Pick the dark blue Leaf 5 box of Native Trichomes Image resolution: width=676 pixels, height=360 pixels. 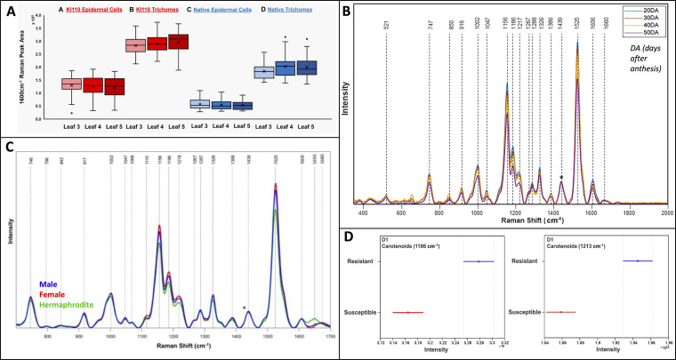click(x=307, y=69)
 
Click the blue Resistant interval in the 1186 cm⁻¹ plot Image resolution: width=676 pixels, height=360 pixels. click(x=479, y=261)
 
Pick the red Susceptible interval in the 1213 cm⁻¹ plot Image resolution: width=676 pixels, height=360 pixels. click(x=561, y=312)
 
